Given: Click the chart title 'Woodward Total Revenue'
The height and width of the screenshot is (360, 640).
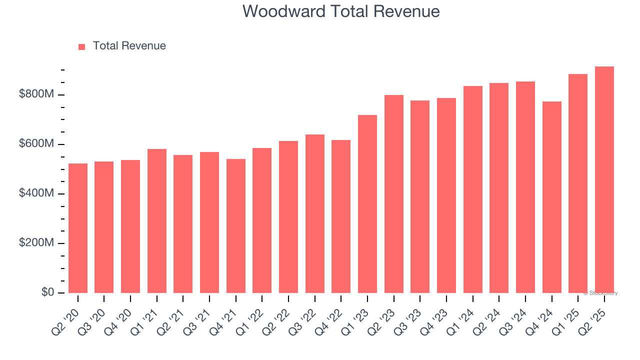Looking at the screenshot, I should point(341,11).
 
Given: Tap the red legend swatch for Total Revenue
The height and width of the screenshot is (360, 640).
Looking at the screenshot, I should point(82,46).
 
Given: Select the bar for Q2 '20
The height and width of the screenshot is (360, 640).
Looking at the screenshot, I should point(78,228).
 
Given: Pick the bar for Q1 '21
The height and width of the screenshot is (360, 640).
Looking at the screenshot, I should point(157,221).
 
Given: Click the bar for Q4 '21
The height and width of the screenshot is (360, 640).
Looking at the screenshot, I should point(236,226).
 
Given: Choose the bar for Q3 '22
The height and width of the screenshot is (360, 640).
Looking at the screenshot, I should point(315,213).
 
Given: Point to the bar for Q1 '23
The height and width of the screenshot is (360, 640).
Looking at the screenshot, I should point(367,204).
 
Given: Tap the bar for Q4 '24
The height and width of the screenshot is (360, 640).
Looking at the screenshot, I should point(552,197).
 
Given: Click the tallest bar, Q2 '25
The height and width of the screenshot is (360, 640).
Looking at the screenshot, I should point(604,179).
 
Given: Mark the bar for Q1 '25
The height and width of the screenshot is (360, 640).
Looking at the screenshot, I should point(578,183).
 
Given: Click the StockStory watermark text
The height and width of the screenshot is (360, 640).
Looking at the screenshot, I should point(600,293).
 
